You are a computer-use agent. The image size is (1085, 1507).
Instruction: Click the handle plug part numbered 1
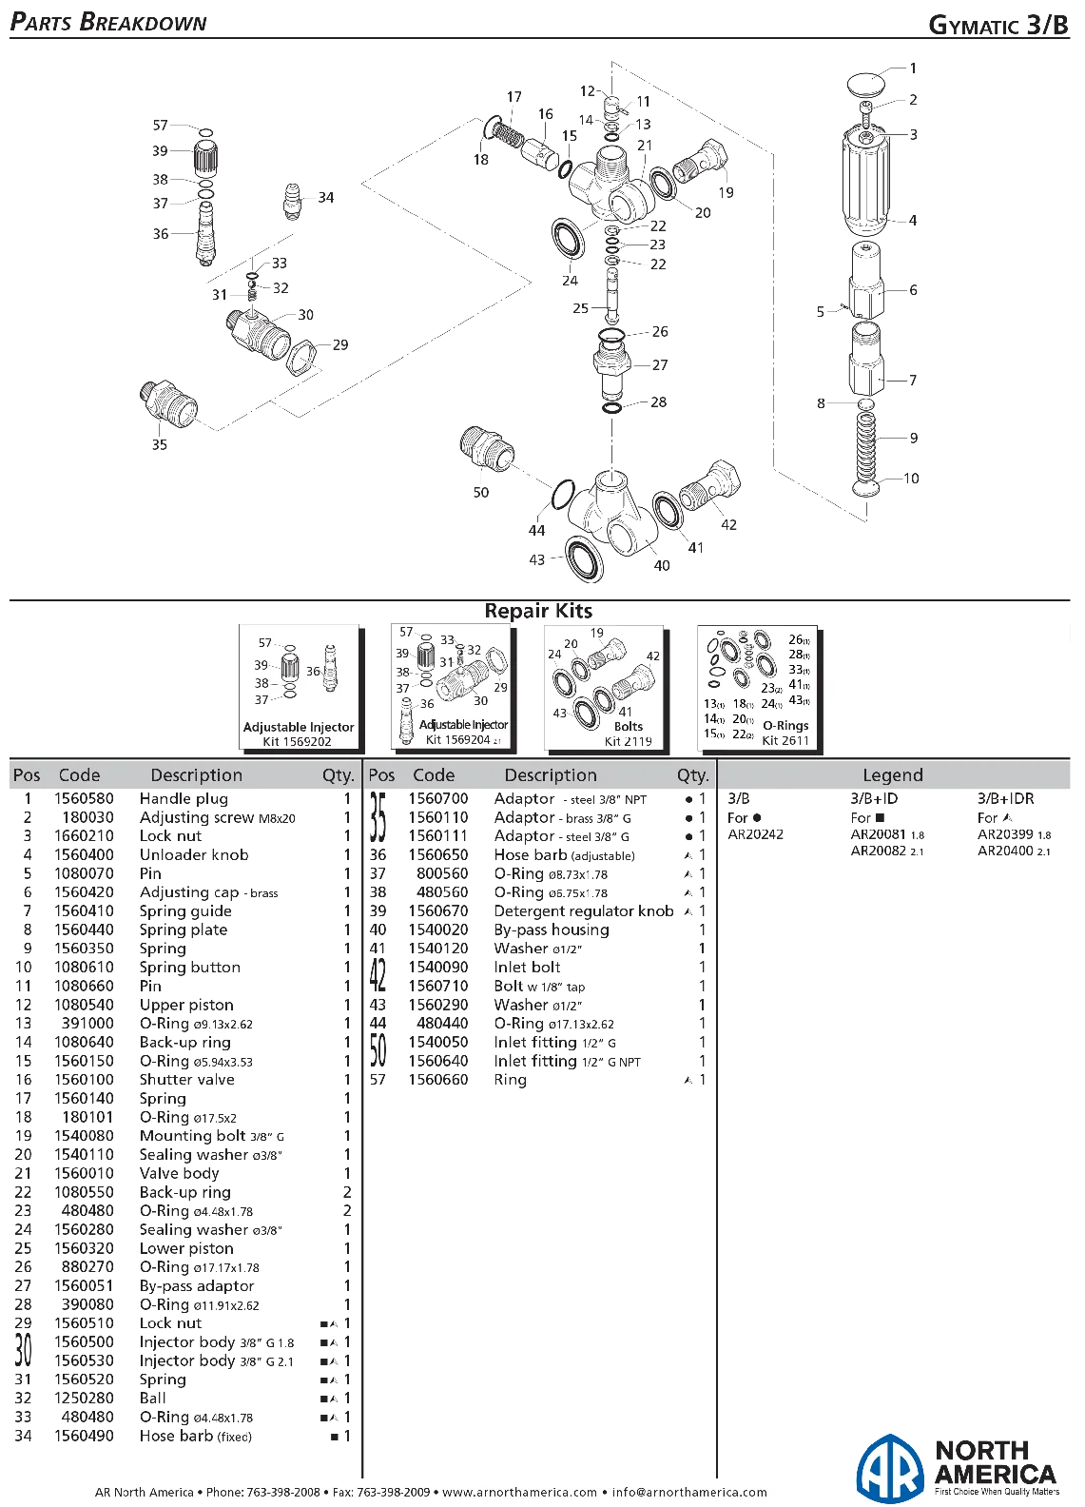[866, 86]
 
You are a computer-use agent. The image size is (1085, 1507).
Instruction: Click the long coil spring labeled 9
[866, 445]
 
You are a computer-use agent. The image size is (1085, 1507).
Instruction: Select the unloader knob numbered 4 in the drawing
[866, 178]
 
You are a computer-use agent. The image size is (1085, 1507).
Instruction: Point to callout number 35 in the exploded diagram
[160, 444]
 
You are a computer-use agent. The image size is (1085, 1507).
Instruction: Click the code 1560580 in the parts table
[84, 798]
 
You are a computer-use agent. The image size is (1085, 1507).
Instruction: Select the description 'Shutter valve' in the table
[187, 1080]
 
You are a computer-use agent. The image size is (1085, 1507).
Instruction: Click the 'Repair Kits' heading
[538, 611]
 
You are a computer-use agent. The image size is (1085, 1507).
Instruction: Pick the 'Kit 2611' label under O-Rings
[785, 741]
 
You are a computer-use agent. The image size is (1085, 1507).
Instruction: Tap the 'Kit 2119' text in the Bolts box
[628, 741]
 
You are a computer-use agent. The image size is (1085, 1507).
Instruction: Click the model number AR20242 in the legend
[756, 834]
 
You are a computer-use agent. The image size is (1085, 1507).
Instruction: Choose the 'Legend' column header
[893, 775]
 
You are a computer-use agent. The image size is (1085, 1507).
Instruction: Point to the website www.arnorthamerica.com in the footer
[519, 1492]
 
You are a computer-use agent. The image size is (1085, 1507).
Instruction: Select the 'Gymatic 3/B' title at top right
[998, 25]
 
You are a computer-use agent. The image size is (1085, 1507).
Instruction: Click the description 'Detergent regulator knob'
[584, 910]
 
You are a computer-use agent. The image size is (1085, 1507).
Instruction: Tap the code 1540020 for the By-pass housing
[438, 930]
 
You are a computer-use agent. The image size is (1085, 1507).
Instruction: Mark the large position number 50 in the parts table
[378, 1051]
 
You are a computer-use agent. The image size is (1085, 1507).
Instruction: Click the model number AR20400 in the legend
[1005, 851]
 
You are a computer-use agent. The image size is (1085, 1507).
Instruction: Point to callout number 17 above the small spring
[514, 97]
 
